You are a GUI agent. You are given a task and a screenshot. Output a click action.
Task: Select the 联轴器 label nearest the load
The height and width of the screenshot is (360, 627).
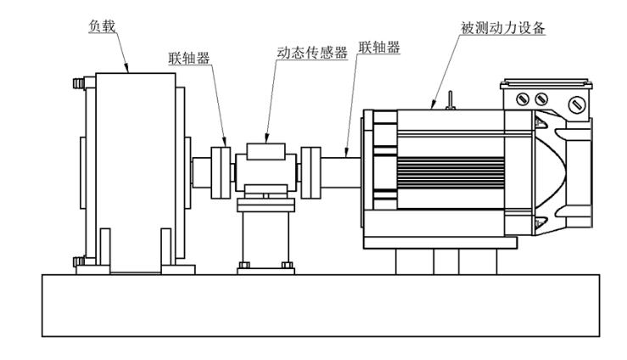(188, 59)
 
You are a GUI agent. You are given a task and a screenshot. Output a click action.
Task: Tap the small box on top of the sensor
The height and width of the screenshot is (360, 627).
(267, 150)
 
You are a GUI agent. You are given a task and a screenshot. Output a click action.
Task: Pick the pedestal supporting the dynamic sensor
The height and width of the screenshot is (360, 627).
(266, 238)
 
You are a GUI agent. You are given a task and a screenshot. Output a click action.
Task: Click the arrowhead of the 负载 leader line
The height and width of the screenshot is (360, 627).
(127, 71)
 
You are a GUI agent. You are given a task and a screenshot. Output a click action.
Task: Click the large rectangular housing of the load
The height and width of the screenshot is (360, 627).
(136, 170)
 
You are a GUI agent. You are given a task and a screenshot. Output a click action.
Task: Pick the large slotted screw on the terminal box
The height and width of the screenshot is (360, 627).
(577, 105)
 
